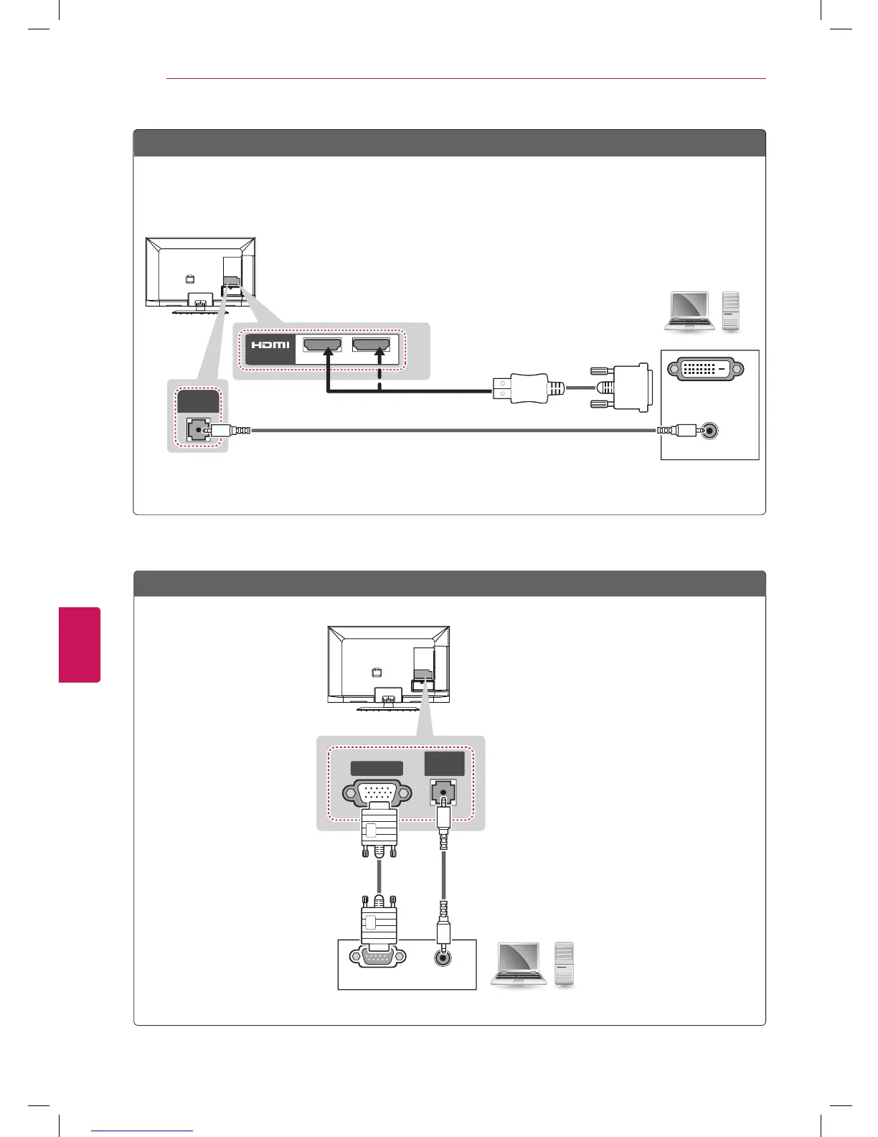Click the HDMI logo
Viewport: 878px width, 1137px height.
coord(270,345)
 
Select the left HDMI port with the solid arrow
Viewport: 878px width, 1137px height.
coord(323,345)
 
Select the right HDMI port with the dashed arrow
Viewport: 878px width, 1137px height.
coord(371,345)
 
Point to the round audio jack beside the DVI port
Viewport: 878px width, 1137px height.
coord(709,431)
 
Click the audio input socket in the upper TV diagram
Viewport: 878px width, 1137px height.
coord(195,430)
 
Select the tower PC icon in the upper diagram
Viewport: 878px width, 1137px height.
coord(730,311)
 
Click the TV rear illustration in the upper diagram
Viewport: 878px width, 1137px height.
coord(201,273)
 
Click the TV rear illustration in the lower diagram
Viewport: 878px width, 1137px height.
coord(389,665)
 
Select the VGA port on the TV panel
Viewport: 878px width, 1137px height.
coord(377,794)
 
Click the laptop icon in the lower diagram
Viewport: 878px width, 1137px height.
coord(519,964)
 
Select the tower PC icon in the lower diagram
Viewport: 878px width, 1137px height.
coord(565,963)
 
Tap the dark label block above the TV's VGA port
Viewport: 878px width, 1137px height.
coord(377,768)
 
